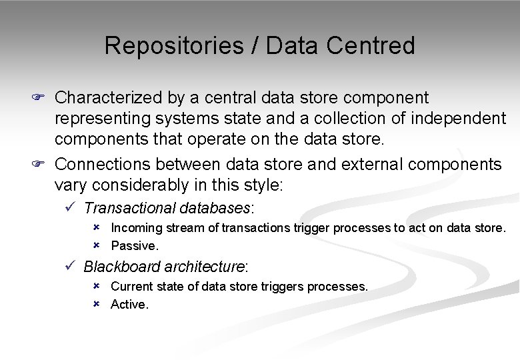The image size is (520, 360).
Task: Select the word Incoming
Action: click(x=137, y=228)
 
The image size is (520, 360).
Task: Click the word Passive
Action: click(x=135, y=246)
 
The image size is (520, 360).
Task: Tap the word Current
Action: click(x=131, y=287)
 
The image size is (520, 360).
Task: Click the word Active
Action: click(x=129, y=305)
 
